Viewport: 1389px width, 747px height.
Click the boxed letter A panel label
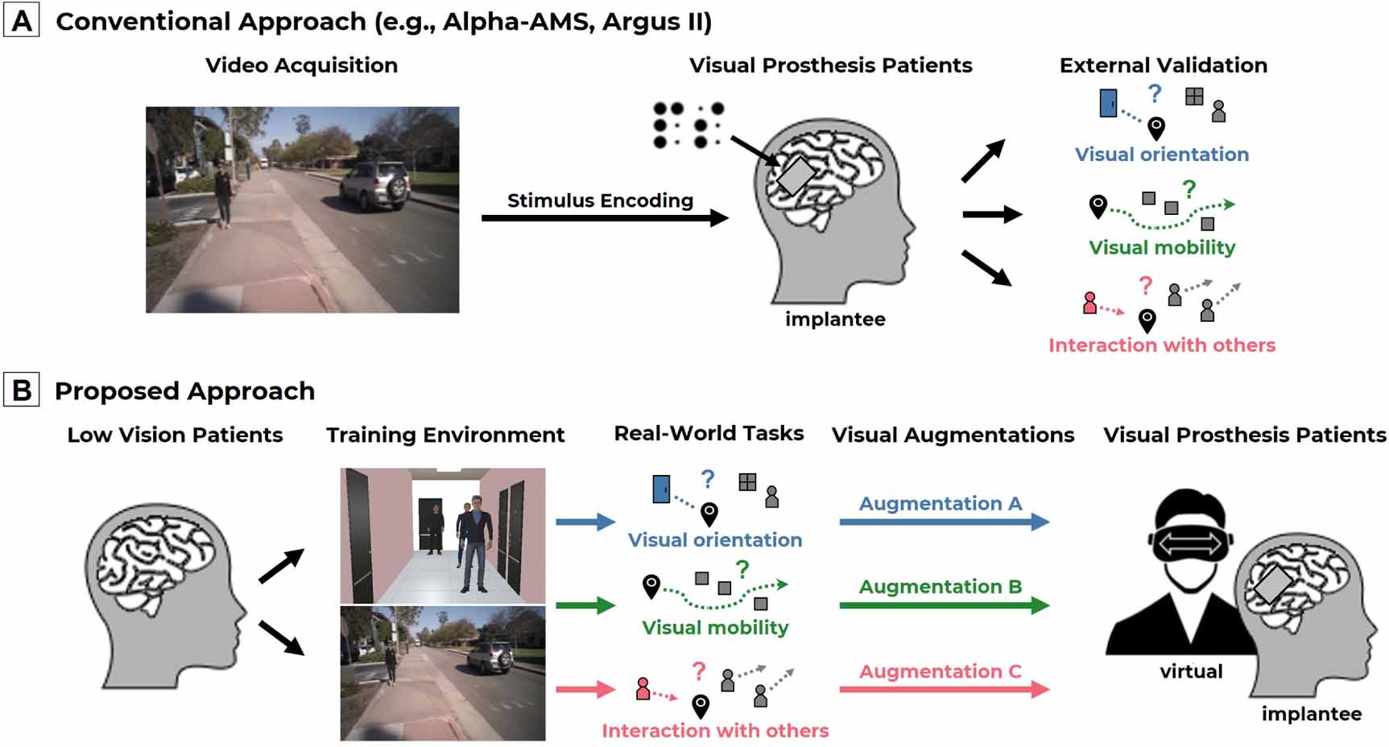pos(22,20)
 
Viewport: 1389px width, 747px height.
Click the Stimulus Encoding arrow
pos(604,217)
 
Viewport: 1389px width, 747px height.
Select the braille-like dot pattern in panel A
pos(688,126)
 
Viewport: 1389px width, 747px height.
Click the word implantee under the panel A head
pos(835,320)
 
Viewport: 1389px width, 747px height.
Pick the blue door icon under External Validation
pos(1109,103)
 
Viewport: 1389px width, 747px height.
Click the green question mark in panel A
pos(1189,189)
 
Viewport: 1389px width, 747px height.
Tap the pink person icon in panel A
pos(1089,303)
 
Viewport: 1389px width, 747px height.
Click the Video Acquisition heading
pos(301,65)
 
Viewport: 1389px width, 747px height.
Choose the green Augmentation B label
pos(940,586)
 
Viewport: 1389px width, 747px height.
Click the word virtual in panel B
pos(1191,671)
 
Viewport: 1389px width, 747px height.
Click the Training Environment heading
pos(444,435)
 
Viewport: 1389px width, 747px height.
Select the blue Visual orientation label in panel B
pos(715,539)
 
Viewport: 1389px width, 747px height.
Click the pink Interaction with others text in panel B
pos(715,730)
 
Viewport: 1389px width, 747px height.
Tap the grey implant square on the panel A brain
pos(796,176)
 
